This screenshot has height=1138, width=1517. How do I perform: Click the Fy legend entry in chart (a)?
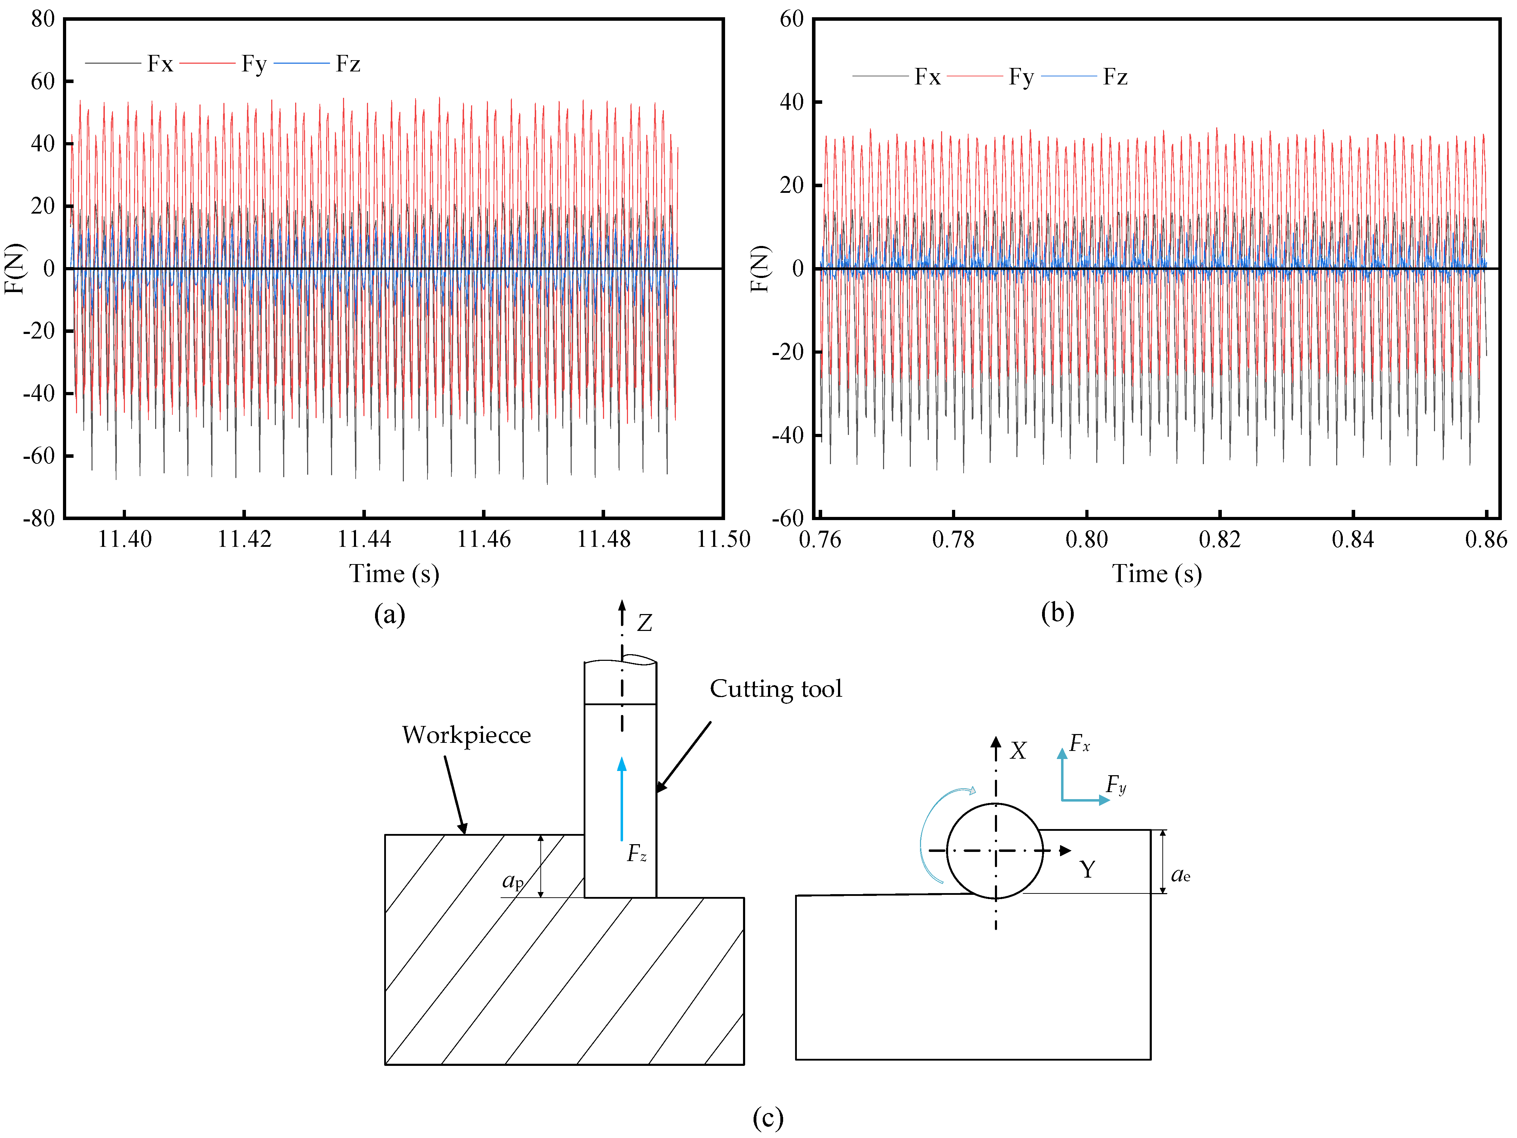pos(253,64)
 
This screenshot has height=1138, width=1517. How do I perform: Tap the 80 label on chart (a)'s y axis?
pos(43,19)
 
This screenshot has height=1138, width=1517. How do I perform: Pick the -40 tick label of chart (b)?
pos(788,435)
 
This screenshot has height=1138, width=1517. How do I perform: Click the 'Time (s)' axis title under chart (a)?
pos(394,574)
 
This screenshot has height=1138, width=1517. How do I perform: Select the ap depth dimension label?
pos(513,880)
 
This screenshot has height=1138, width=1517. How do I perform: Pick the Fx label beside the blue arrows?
pos(1079,743)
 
